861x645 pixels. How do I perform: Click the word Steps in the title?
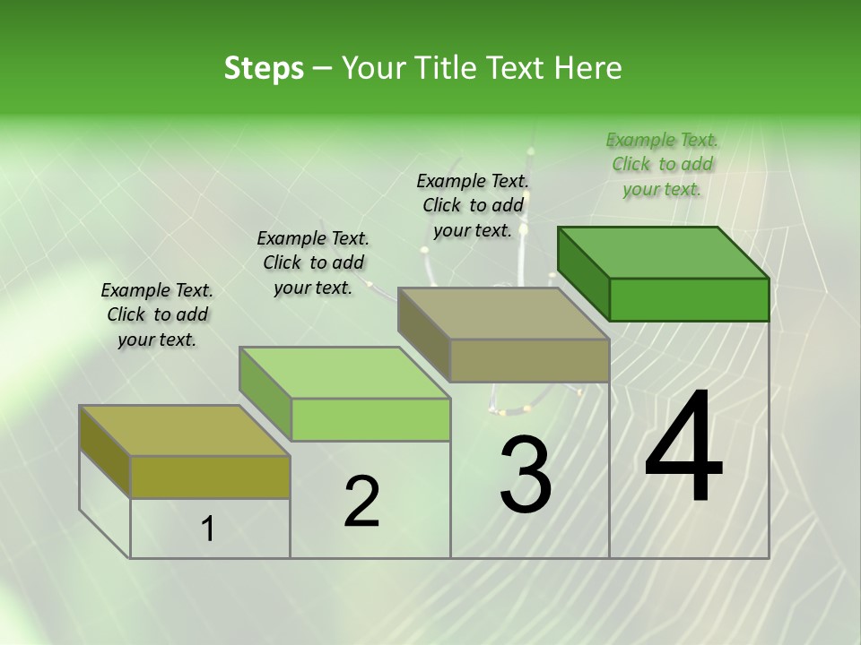264,68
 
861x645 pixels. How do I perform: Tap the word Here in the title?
587,68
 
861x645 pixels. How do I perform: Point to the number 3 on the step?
525,475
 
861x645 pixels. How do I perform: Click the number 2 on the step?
361,503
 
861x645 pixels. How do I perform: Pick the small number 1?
208,529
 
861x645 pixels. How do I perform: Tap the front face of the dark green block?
689,299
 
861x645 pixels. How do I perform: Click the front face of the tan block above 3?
529,360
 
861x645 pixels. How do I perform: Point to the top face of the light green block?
344,373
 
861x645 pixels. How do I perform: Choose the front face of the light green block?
370,419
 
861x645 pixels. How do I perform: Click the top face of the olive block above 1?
185,431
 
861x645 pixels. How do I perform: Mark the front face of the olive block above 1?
210,477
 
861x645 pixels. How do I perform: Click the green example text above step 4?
662,164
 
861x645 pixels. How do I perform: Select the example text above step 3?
473,205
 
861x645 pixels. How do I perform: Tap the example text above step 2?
313,262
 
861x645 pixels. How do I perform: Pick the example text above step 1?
157,314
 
